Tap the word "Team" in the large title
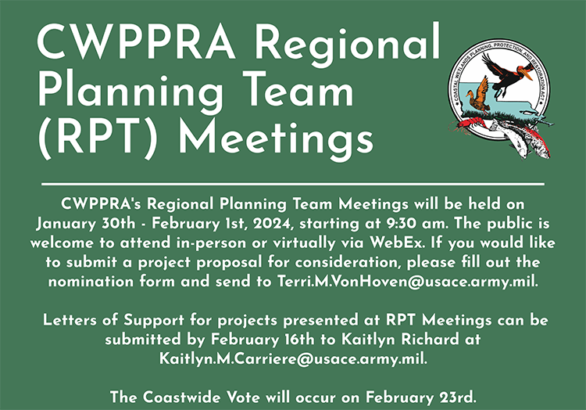(x=301, y=91)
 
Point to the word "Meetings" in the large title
(x=276, y=138)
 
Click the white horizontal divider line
(x=293, y=184)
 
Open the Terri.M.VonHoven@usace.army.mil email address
(x=408, y=282)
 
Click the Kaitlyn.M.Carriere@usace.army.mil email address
(x=293, y=358)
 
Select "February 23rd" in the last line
(x=421, y=397)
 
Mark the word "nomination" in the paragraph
(x=91, y=282)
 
